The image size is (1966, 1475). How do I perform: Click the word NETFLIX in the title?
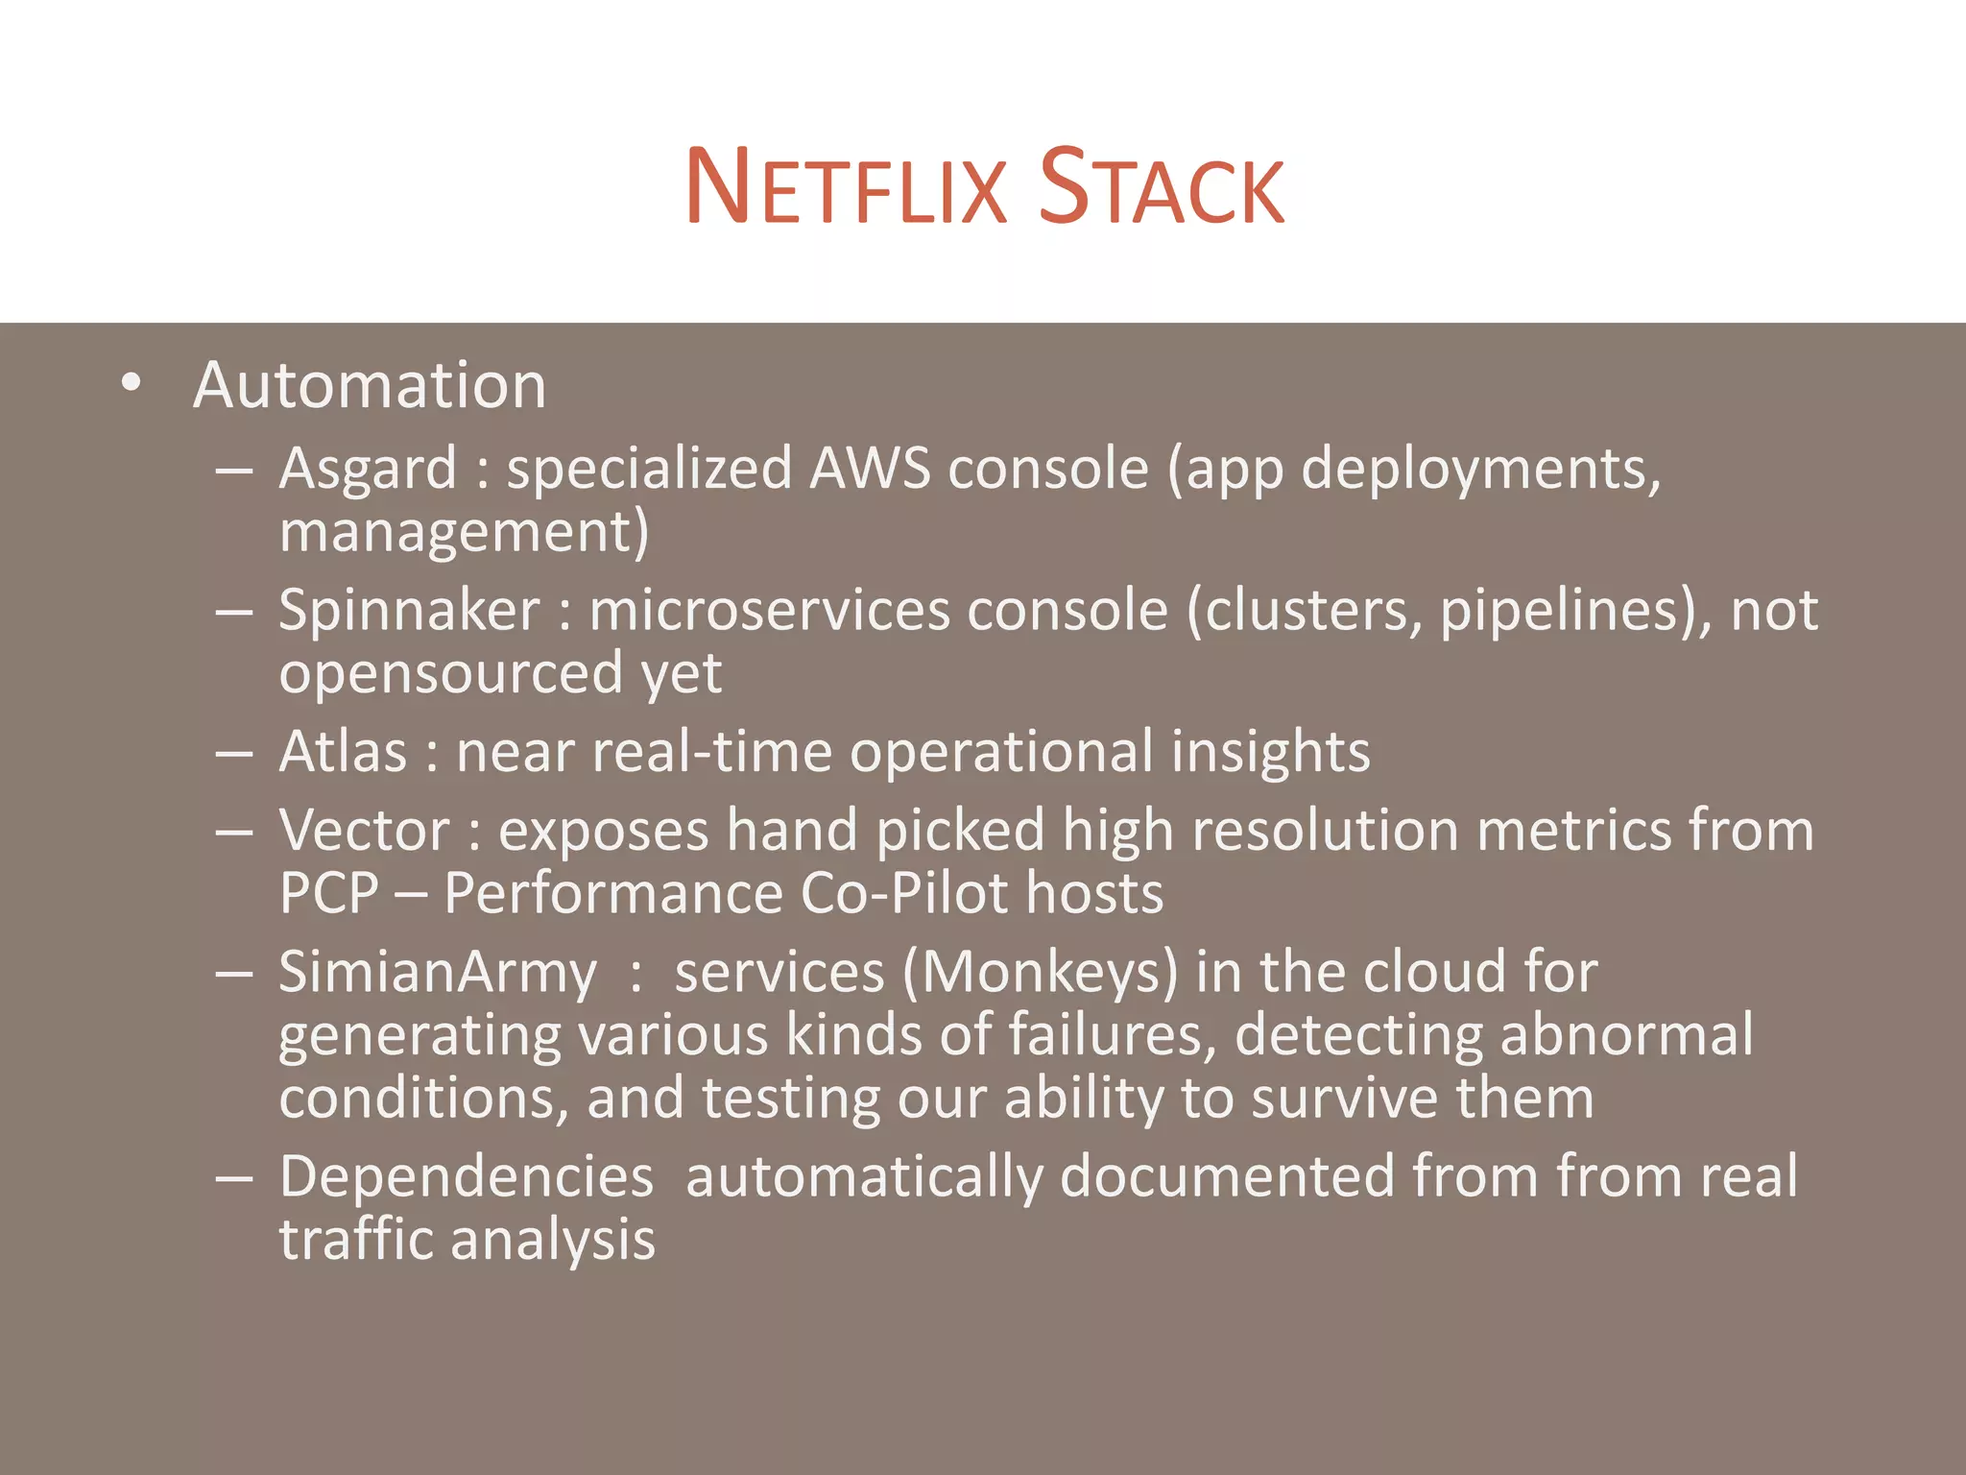tap(846, 188)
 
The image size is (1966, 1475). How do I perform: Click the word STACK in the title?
tap(1162, 188)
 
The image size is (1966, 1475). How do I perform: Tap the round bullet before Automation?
tap(132, 384)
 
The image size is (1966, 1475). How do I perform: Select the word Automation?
tap(370, 386)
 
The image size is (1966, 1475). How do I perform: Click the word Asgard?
tap(368, 470)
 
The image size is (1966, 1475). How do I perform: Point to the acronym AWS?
tap(870, 470)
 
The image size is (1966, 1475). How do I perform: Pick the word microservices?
tap(769, 611)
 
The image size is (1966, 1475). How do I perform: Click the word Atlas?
tap(343, 752)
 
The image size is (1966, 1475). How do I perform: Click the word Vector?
tap(364, 831)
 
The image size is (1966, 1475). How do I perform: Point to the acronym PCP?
tap(329, 893)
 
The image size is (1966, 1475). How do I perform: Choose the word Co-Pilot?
tap(903, 893)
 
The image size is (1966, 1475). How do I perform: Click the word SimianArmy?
tap(438, 973)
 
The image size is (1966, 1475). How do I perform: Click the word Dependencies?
tap(467, 1177)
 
